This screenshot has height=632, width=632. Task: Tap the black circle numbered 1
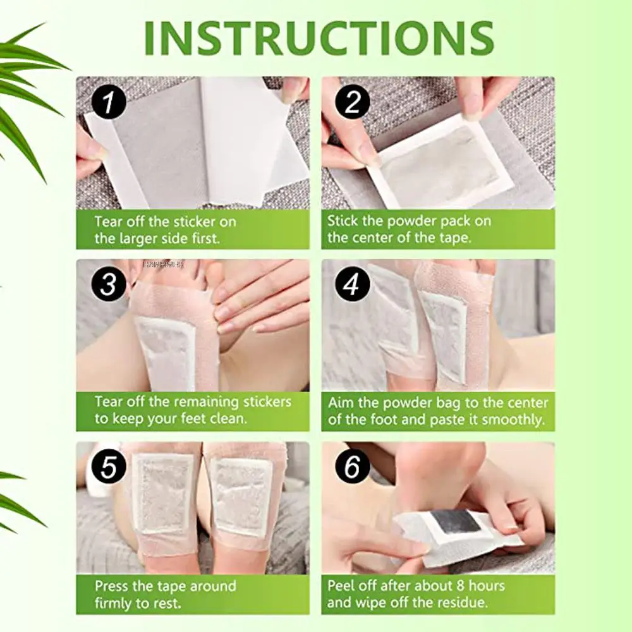(x=109, y=103)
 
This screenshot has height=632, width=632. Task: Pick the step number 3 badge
(x=109, y=286)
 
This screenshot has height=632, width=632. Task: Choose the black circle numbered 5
(x=109, y=468)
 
